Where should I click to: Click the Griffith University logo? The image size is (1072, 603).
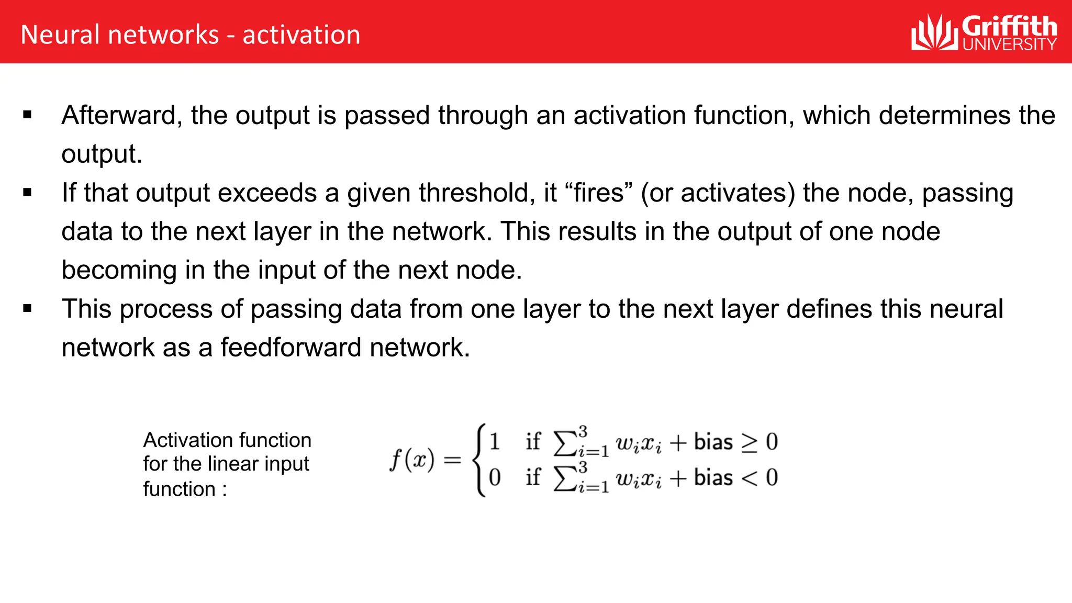(984, 32)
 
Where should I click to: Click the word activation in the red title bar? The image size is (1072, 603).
(301, 35)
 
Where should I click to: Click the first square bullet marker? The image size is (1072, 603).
(28, 115)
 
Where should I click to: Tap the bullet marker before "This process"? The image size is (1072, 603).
(28, 308)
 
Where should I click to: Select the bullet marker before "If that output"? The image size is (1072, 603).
(28, 192)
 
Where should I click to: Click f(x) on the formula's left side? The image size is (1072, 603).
(412, 460)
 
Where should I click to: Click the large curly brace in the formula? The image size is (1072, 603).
(478, 460)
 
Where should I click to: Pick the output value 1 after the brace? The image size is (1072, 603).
(495, 441)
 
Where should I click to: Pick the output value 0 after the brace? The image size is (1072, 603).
(495, 477)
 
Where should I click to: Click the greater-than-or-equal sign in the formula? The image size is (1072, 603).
(749, 443)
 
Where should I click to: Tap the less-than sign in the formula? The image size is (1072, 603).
(749, 478)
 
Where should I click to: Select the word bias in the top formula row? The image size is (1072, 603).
(713, 442)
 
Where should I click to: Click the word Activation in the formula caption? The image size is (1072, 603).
(183, 440)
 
